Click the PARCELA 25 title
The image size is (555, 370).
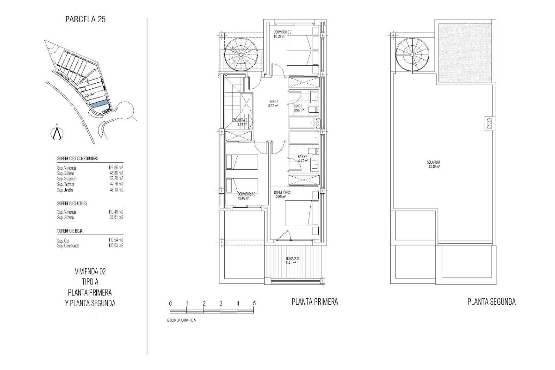tap(88, 20)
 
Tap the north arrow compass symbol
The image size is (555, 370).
tap(56, 132)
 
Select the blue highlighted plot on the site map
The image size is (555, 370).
tap(99, 105)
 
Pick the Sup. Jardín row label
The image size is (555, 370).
tap(65, 190)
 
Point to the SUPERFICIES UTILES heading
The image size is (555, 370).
tap(72, 203)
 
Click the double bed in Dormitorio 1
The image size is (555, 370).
tap(300, 218)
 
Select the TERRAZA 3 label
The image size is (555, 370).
tap(291, 261)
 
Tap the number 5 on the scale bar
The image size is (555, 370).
tap(254, 303)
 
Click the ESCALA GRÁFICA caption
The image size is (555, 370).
tap(181, 321)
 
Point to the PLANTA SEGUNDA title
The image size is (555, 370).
tap(492, 302)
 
